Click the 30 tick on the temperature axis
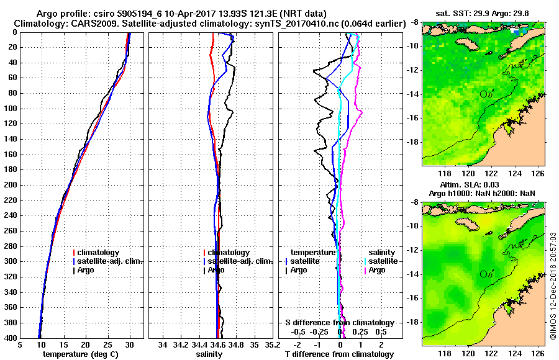[x=129, y=344]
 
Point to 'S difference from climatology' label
[x=340, y=323]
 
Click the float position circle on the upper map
[x=483, y=94]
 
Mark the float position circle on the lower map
[x=483, y=274]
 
